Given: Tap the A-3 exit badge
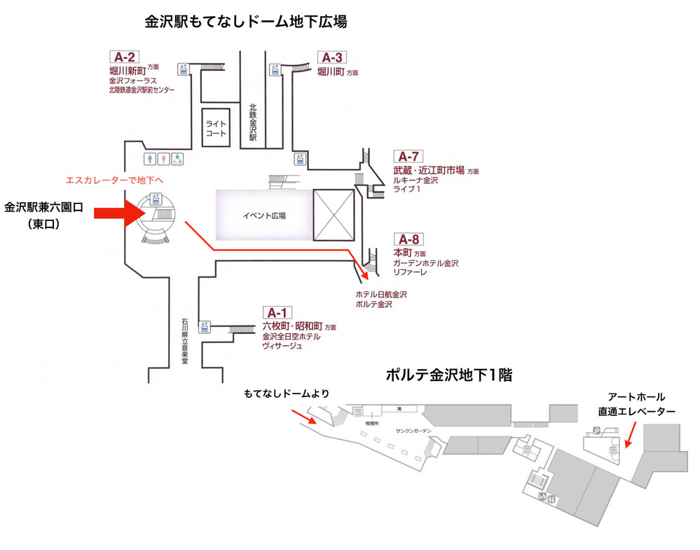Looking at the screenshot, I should (x=331, y=58).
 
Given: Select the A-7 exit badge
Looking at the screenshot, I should (x=409, y=156).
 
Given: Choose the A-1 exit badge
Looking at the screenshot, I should (x=277, y=313).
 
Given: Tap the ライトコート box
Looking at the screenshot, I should (x=215, y=127).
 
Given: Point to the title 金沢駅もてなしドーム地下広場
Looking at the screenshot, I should (x=246, y=22).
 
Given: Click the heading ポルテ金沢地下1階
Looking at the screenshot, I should (x=449, y=375).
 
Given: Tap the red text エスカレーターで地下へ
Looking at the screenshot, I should (x=114, y=180).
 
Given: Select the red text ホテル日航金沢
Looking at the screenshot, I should (x=381, y=294).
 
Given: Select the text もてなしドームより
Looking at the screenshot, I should (x=286, y=395).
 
